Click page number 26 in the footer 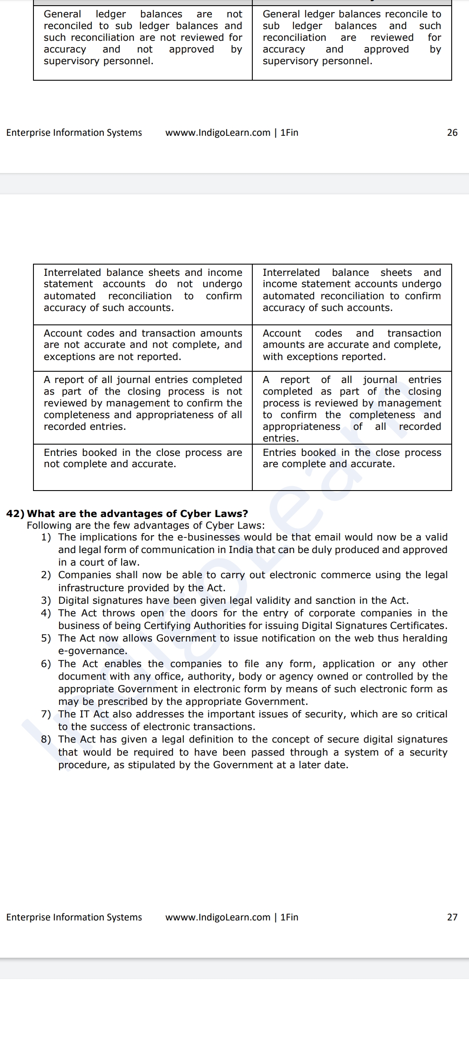tap(452, 133)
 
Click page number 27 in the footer tap(452, 917)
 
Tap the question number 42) tap(15, 514)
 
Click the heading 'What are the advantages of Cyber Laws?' tap(137, 514)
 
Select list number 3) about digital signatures tap(46, 600)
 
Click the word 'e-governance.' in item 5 tap(92, 651)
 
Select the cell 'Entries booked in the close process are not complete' tap(142, 458)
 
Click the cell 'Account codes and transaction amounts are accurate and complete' tap(352, 345)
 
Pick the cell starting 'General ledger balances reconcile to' tap(352, 38)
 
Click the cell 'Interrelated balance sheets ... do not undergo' tap(142, 290)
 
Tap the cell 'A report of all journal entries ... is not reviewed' tap(142, 403)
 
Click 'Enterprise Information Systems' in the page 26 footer tap(74, 133)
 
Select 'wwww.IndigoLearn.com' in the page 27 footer tap(218, 917)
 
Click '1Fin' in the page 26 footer tap(289, 133)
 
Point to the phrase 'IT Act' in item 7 tap(94, 714)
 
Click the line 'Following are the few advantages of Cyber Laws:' tap(145, 525)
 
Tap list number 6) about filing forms tap(46, 664)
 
